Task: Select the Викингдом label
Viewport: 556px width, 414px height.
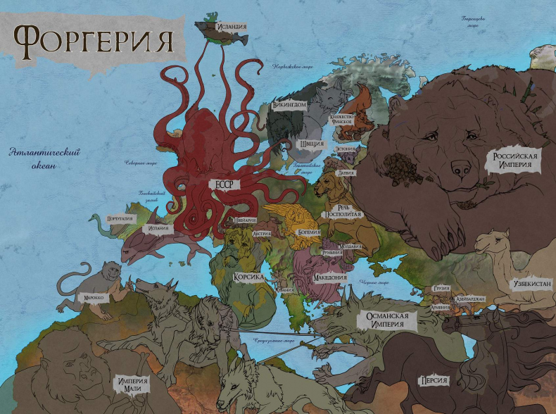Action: [289, 105]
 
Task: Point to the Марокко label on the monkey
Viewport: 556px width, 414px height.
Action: [94, 298]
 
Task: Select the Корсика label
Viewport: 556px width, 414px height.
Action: [248, 277]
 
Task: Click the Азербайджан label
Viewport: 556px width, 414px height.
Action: [470, 299]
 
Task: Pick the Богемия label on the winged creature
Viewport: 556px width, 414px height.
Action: [308, 232]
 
